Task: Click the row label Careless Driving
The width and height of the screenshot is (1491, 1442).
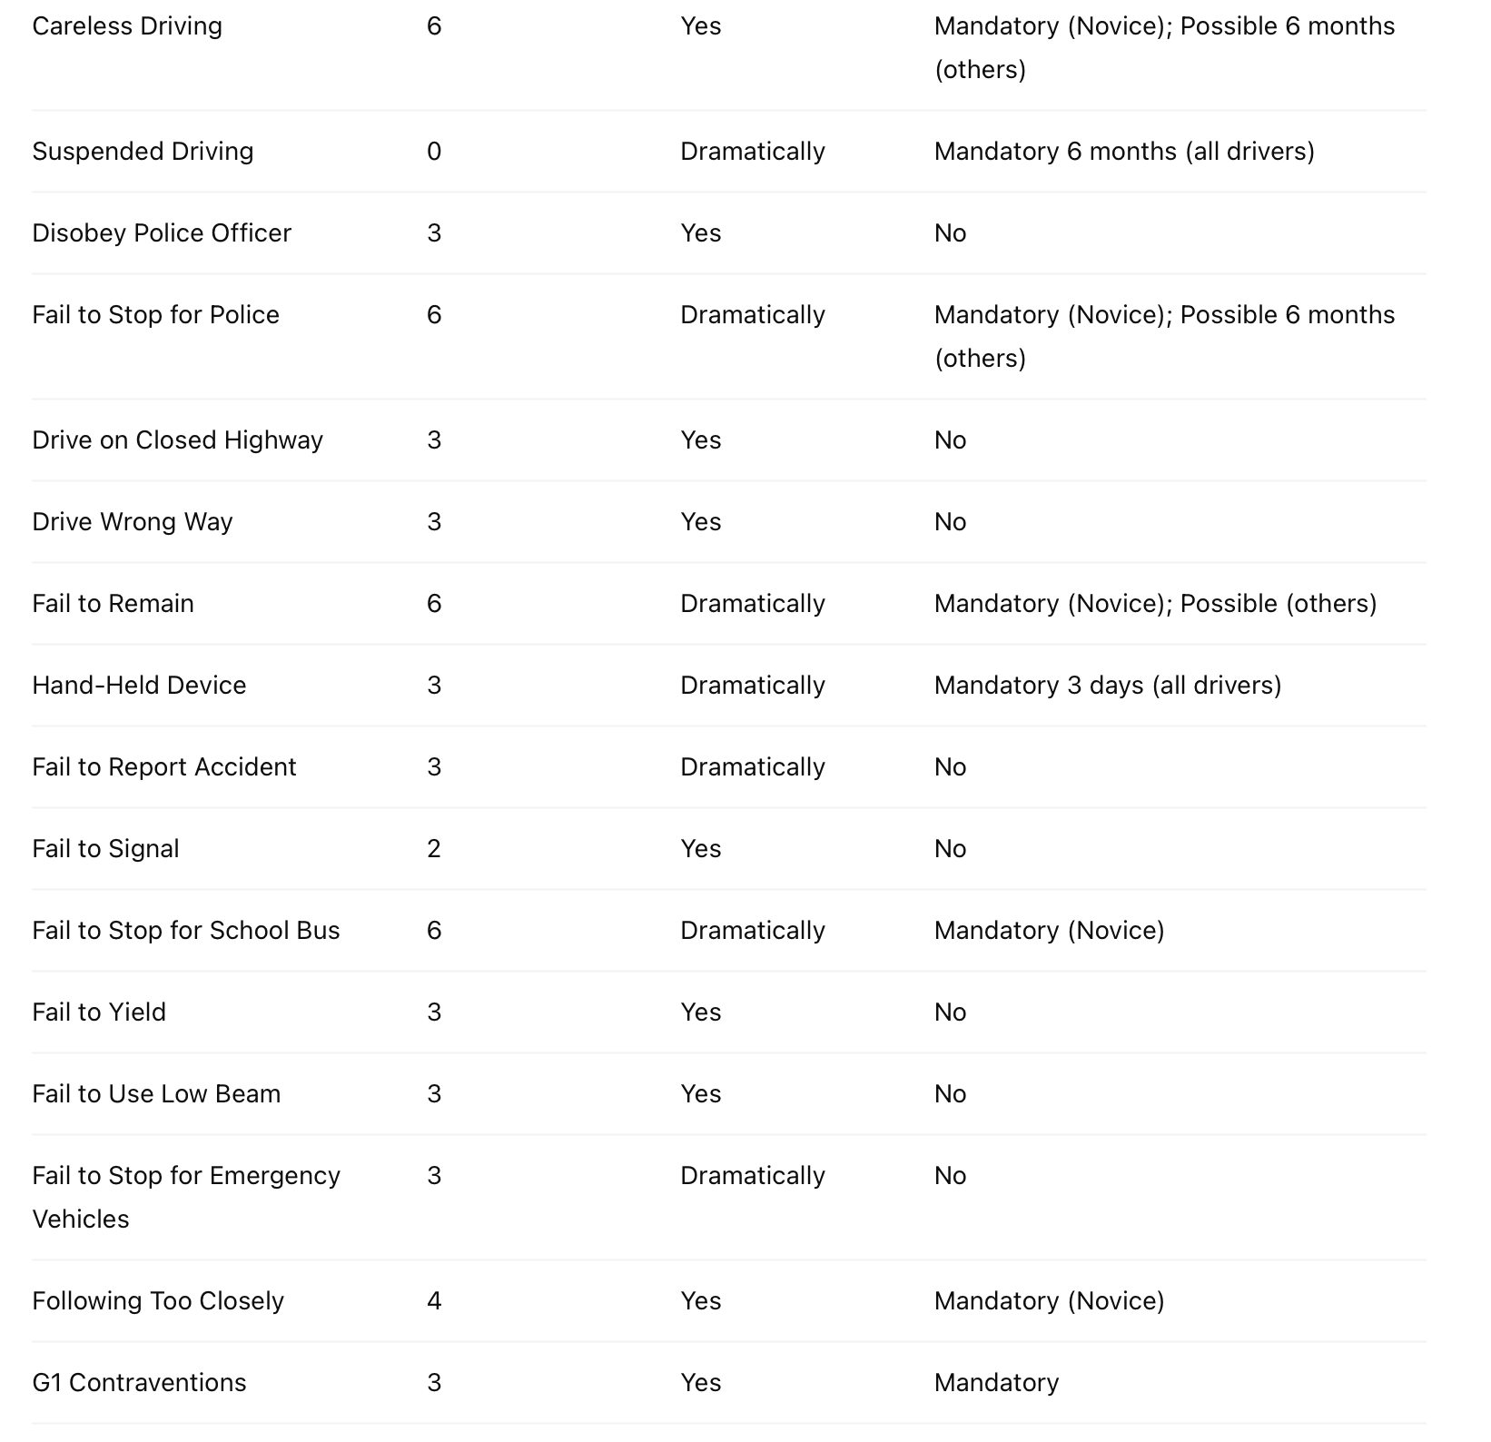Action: coord(127,26)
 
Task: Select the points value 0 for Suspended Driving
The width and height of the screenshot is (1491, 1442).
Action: coord(434,152)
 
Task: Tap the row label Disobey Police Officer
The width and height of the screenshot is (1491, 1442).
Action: coord(162,233)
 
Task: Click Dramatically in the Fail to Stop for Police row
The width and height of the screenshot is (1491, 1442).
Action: coord(752,315)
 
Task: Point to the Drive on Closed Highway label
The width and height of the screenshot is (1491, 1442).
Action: coord(177,440)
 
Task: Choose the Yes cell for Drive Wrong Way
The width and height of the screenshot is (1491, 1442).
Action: coord(700,522)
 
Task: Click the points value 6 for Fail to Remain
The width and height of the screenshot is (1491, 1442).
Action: coord(434,604)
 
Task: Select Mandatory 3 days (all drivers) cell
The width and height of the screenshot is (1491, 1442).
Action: coord(1107,686)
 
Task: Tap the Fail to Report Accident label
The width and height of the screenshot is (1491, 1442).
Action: coord(164,767)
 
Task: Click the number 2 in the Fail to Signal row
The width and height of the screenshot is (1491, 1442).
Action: coord(434,849)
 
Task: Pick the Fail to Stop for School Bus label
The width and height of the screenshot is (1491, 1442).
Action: coord(186,931)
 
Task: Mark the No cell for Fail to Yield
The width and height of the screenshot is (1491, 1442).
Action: coord(950,1012)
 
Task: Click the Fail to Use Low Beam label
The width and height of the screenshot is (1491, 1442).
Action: coord(156,1094)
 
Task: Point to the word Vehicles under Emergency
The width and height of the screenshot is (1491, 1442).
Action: coord(81,1220)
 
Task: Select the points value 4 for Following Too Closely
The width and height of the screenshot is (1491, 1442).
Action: coord(434,1301)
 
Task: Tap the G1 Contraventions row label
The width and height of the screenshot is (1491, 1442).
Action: coord(139,1383)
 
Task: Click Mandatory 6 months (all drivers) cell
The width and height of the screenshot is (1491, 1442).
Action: coord(1124,152)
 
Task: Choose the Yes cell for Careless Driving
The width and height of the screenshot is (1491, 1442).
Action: coord(700,26)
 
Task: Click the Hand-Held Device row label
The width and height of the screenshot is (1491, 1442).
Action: coord(139,686)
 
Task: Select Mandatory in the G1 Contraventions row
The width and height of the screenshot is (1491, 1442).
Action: coord(996,1383)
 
